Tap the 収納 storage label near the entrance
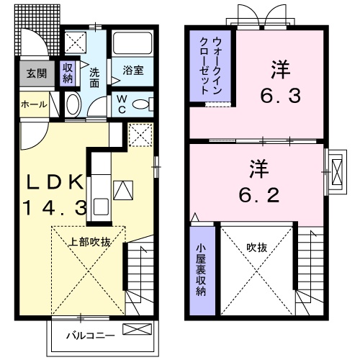click(68, 73)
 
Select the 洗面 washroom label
click(95, 77)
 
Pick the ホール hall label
click(34, 104)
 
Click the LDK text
click(58, 182)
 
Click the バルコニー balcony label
click(86, 335)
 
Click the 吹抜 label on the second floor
click(257, 247)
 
